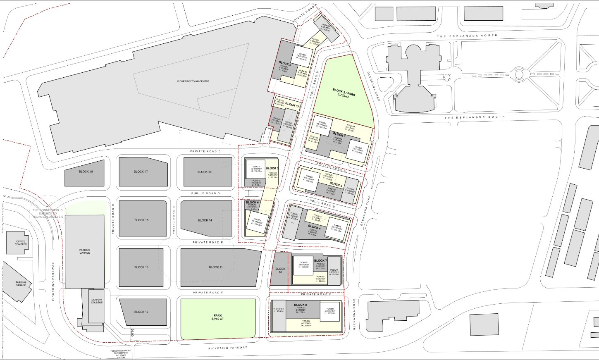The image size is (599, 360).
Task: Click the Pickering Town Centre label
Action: click(193, 81)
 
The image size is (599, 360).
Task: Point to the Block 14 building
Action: click(205, 220)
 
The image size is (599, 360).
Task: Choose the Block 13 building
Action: click(141, 267)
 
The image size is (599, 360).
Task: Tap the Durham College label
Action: click(97, 301)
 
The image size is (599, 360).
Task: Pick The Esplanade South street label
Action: click(475, 117)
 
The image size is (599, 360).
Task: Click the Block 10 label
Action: click(280, 270)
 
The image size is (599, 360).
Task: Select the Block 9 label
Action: click(285, 64)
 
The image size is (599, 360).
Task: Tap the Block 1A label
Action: click(292, 105)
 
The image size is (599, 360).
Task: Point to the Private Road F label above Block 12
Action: click(208, 293)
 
